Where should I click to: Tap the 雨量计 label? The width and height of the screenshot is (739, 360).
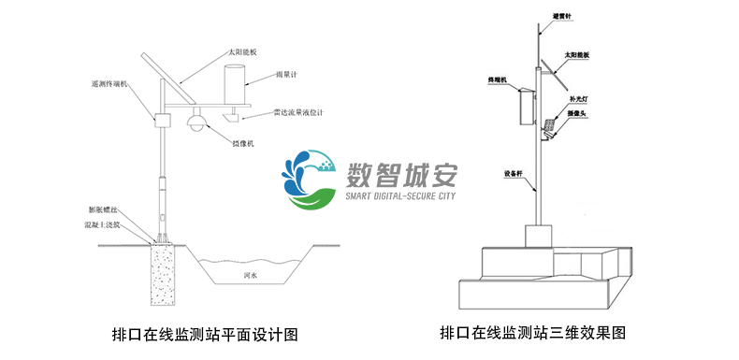(287, 74)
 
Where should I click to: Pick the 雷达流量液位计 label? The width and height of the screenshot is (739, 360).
(297, 112)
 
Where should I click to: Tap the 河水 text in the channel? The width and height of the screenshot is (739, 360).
(251, 276)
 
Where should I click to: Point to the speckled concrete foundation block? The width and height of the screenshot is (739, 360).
(164, 276)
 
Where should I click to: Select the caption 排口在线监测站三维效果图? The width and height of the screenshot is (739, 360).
(530, 332)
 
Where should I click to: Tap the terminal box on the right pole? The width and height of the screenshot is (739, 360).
(524, 108)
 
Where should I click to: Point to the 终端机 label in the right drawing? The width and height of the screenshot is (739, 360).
(497, 80)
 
